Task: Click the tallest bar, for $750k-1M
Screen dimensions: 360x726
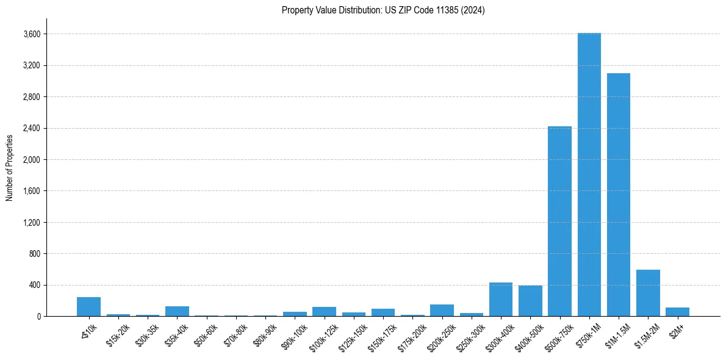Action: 589,175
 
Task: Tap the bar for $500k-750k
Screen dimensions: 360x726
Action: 559,221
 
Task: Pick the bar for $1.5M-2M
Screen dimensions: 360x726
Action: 648,293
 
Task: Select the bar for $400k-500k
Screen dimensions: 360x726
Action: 530,301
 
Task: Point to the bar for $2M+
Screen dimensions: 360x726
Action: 677,312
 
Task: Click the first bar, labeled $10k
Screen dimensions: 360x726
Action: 88,307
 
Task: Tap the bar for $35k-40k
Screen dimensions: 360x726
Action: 177,311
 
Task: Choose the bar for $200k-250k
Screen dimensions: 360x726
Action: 442,310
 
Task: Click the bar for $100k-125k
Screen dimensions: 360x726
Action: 324,311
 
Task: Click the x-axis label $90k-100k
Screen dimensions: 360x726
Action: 295,333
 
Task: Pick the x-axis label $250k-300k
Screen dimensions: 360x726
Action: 472,333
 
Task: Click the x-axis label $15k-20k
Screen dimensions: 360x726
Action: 118,332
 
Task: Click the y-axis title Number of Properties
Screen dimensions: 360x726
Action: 9,167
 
